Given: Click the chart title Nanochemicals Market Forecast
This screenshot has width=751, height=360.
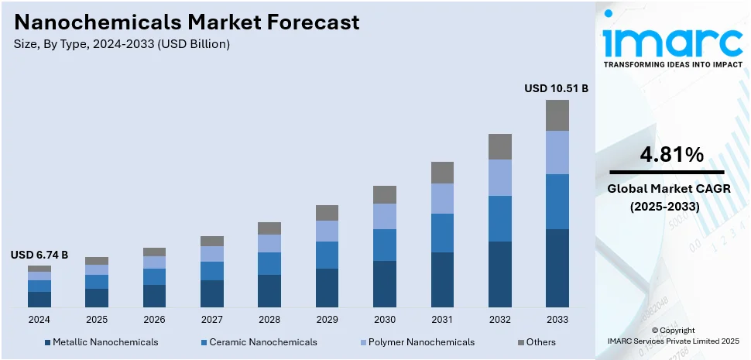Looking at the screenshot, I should [187, 22].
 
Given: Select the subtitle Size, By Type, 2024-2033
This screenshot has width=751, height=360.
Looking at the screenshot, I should [122, 44].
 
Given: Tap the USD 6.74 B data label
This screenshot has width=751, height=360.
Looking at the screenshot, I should [39, 255].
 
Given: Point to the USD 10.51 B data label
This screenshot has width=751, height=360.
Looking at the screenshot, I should [556, 89].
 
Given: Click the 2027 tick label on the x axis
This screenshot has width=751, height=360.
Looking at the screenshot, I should [211, 319].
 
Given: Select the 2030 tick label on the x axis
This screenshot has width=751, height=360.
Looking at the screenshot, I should [384, 319].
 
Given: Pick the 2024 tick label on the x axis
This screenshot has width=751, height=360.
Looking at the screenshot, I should [39, 319].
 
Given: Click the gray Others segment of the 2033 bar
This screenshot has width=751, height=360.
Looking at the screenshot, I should [557, 115].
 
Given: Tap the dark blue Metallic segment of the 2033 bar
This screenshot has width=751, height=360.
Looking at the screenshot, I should [557, 268].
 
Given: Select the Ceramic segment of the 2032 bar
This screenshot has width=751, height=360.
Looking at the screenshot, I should [499, 218].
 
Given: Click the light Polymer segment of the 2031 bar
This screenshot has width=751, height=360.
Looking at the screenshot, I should [442, 198].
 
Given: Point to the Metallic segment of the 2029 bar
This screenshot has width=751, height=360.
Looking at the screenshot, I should [327, 287].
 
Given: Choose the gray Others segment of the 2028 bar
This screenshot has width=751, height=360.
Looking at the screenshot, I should [269, 228].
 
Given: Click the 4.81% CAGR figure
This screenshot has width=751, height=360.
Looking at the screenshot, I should [671, 155].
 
